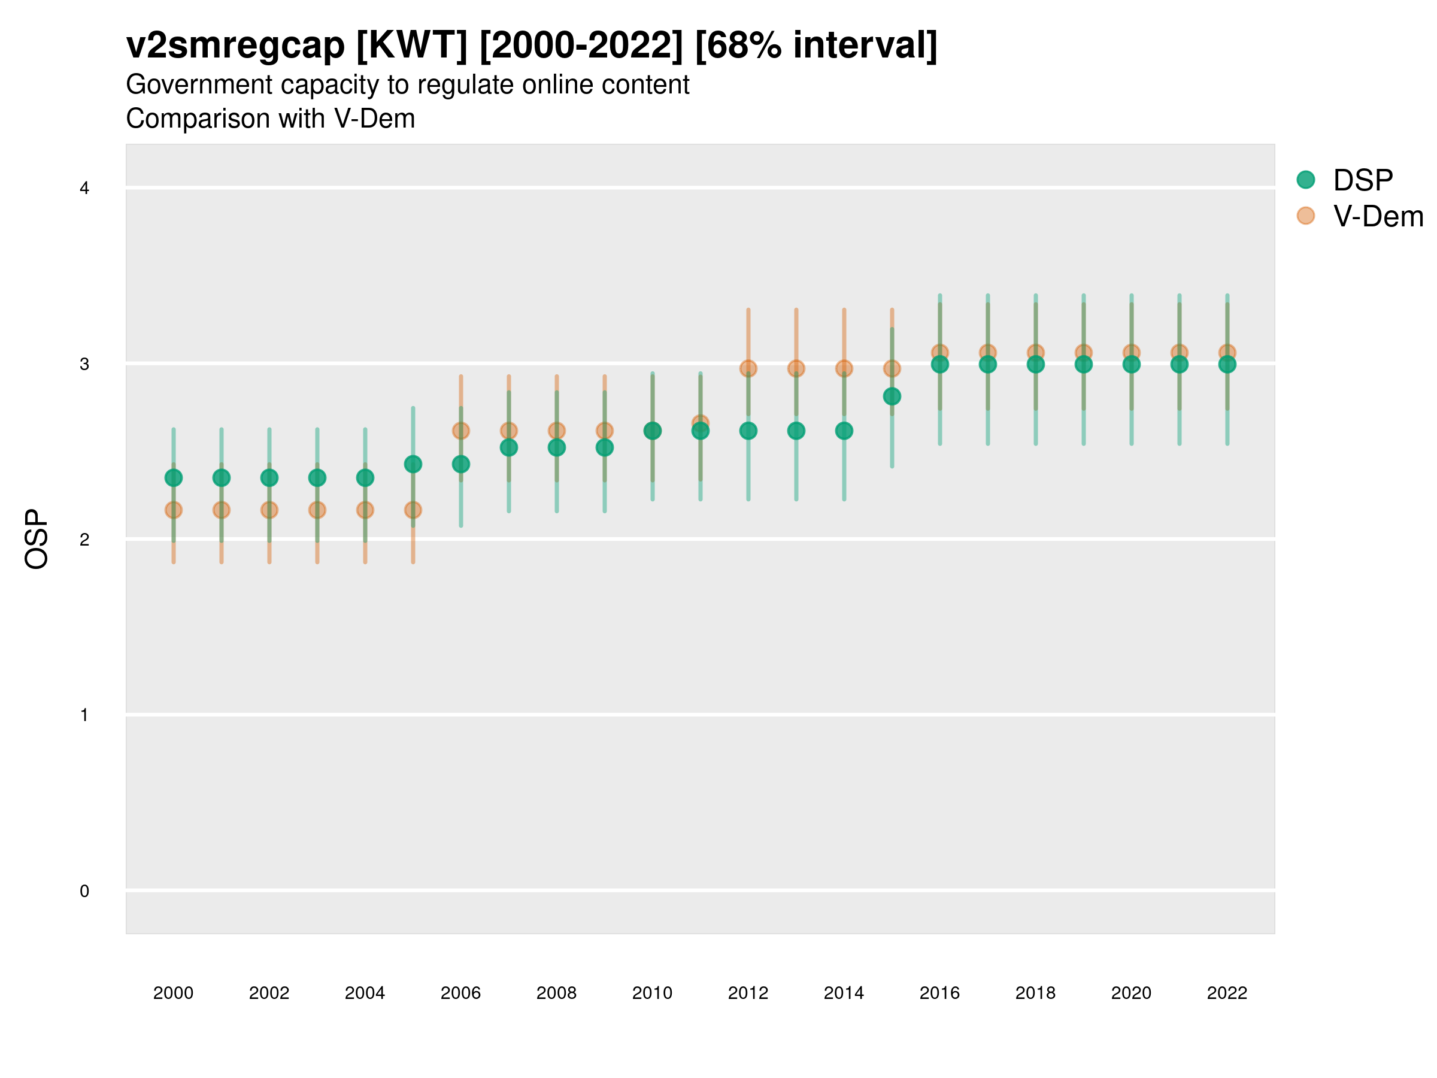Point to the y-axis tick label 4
coord(84,189)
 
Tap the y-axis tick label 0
coord(84,891)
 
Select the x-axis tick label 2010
coord(652,993)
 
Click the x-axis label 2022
coord(1226,993)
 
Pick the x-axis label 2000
coord(174,993)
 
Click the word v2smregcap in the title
coord(235,46)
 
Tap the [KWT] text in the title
coord(412,46)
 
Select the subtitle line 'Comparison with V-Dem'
coord(270,119)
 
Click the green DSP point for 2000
coord(174,477)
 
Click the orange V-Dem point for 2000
coord(174,510)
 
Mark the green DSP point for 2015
coord(892,396)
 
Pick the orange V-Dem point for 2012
coord(748,368)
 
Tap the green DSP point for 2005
coord(413,464)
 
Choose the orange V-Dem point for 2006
coord(460,430)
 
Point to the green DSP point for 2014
coord(844,431)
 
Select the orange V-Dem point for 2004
coord(365,510)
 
